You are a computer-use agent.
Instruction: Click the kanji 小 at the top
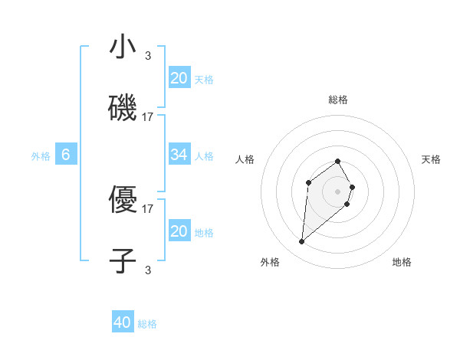pyautogui.click(x=123, y=47)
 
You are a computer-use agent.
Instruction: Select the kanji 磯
pyautogui.click(x=123, y=108)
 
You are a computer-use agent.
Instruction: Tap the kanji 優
pyautogui.click(x=123, y=200)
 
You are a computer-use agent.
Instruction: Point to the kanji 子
pyautogui.click(x=123, y=260)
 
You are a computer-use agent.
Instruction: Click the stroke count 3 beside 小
pyautogui.click(x=148, y=55)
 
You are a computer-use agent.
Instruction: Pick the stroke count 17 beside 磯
pyautogui.click(x=148, y=116)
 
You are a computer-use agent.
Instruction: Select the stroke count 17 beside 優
pyautogui.click(x=148, y=208)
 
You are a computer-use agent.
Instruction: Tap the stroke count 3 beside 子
pyautogui.click(x=148, y=269)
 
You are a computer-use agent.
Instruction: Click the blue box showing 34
pyautogui.click(x=179, y=155)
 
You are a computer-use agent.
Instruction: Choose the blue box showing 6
pyautogui.click(x=66, y=155)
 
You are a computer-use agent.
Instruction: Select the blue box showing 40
pyautogui.click(x=123, y=322)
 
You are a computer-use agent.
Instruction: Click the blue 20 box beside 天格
pyautogui.click(x=179, y=78)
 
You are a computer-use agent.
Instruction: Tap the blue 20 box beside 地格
pyautogui.click(x=179, y=231)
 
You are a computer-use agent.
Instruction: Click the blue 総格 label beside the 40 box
pyautogui.click(x=147, y=324)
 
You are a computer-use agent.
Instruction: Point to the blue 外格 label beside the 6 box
pyautogui.click(x=41, y=156)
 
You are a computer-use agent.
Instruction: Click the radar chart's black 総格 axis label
pyautogui.click(x=338, y=100)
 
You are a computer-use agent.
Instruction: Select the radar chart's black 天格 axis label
pyautogui.click(x=431, y=159)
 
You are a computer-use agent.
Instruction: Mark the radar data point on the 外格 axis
pyautogui.click(x=302, y=242)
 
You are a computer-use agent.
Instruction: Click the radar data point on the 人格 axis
pyautogui.click(x=308, y=182)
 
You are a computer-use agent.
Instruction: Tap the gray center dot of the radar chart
pyautogui.click(x=338, y=191)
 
